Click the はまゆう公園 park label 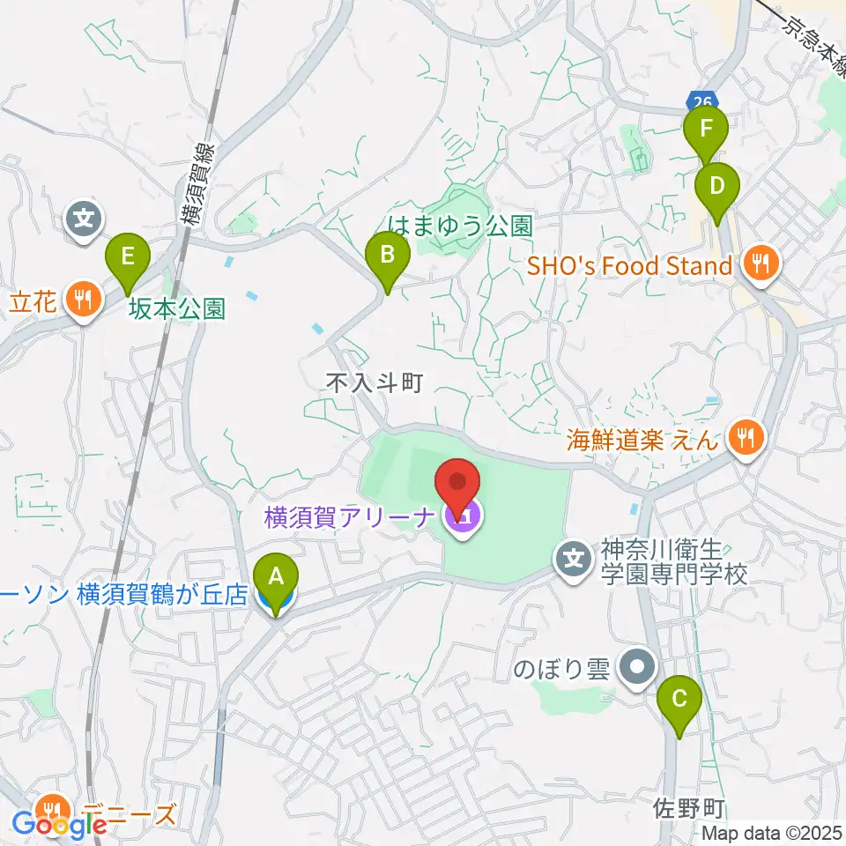[460, 226]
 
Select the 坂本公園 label [176, 308]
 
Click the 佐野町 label [689, 806]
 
